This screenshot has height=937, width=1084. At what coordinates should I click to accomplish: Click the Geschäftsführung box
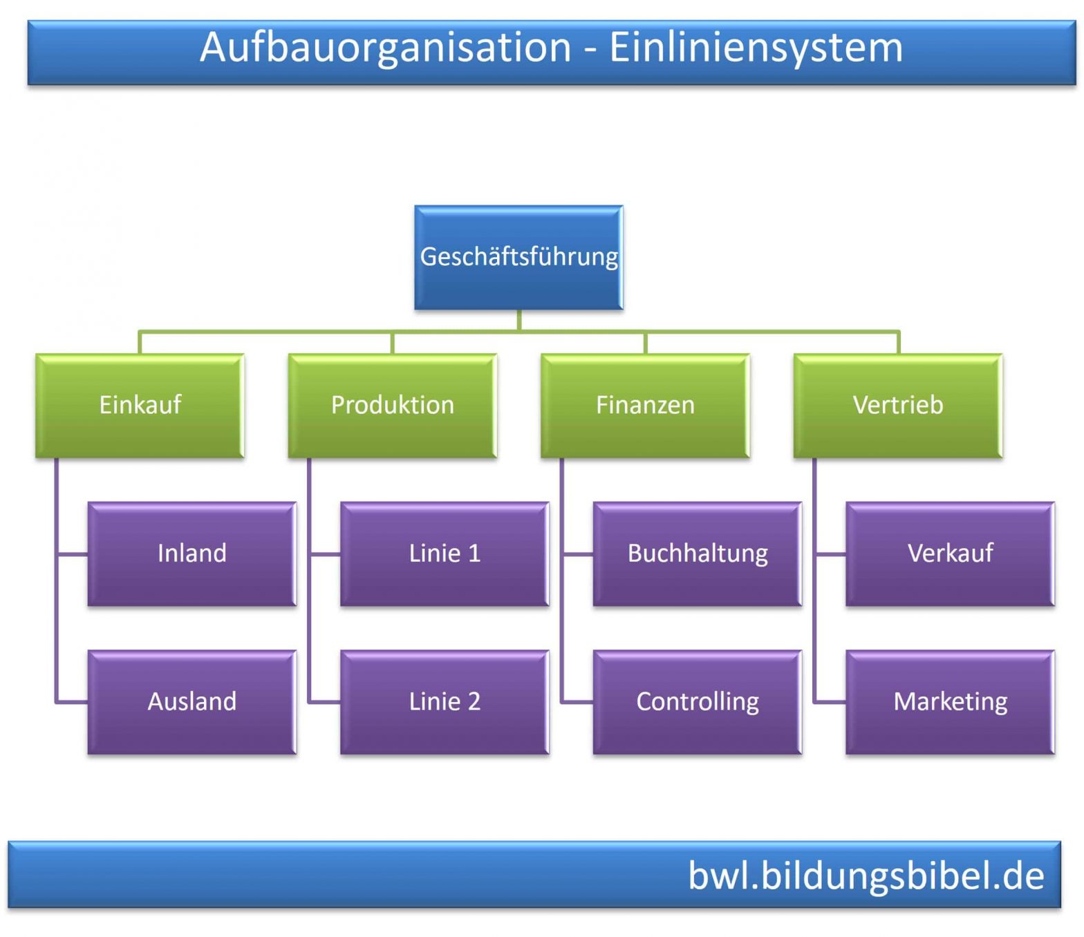pyautogui.click(x=518, y=257)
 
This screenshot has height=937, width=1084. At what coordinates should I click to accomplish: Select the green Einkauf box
pyautogui.click(x=140, y=405)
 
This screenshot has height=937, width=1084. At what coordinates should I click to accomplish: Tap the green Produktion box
pyautogui.click(x=392, y=405)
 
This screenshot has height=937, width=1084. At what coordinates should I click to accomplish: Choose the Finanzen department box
pyautogui.click(x=645, y=405)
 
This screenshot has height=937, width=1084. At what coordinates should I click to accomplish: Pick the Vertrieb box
pyautogui.click(x=897, y=405)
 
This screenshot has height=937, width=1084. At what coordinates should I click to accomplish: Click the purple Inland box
pyautogui.click(x=191, y=553)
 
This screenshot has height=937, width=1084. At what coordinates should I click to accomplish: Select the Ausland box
pyautogui.click(x=191, y=701)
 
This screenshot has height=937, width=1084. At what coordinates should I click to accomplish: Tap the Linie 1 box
pyautogui.click(x=445, y=553)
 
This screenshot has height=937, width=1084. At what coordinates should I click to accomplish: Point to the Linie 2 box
pyautogui.click(x=445, y=701)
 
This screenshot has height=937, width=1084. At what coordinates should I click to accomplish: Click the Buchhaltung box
pyautogui.click(x=697, y=553)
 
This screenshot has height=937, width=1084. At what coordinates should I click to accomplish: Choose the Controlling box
pyautogui.click(x=697, y=701)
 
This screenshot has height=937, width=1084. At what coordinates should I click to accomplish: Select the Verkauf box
pyautogui.click(x=950, y=553)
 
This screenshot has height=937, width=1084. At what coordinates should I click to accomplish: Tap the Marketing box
pyautogui.click(x=950, y=701)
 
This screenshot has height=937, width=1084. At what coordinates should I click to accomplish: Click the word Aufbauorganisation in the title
pyautogui.click(x=385, y=48)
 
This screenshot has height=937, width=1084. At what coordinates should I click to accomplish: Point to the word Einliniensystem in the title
pyautogui.click(x=756, y=48)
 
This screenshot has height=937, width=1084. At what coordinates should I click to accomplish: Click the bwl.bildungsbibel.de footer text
pyautogui.click(x=866, y=876)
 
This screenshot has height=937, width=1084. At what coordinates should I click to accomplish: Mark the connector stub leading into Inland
pyautogui.click(x=72, y=554)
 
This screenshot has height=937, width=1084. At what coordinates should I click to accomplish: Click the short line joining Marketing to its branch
pyautogui.click(x=830, y=702)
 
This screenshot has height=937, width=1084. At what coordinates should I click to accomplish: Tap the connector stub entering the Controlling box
pyautogui.click(x=577, y=702)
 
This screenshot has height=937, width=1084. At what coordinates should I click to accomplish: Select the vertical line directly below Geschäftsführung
pyautogui.click(x=518, y=321)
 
